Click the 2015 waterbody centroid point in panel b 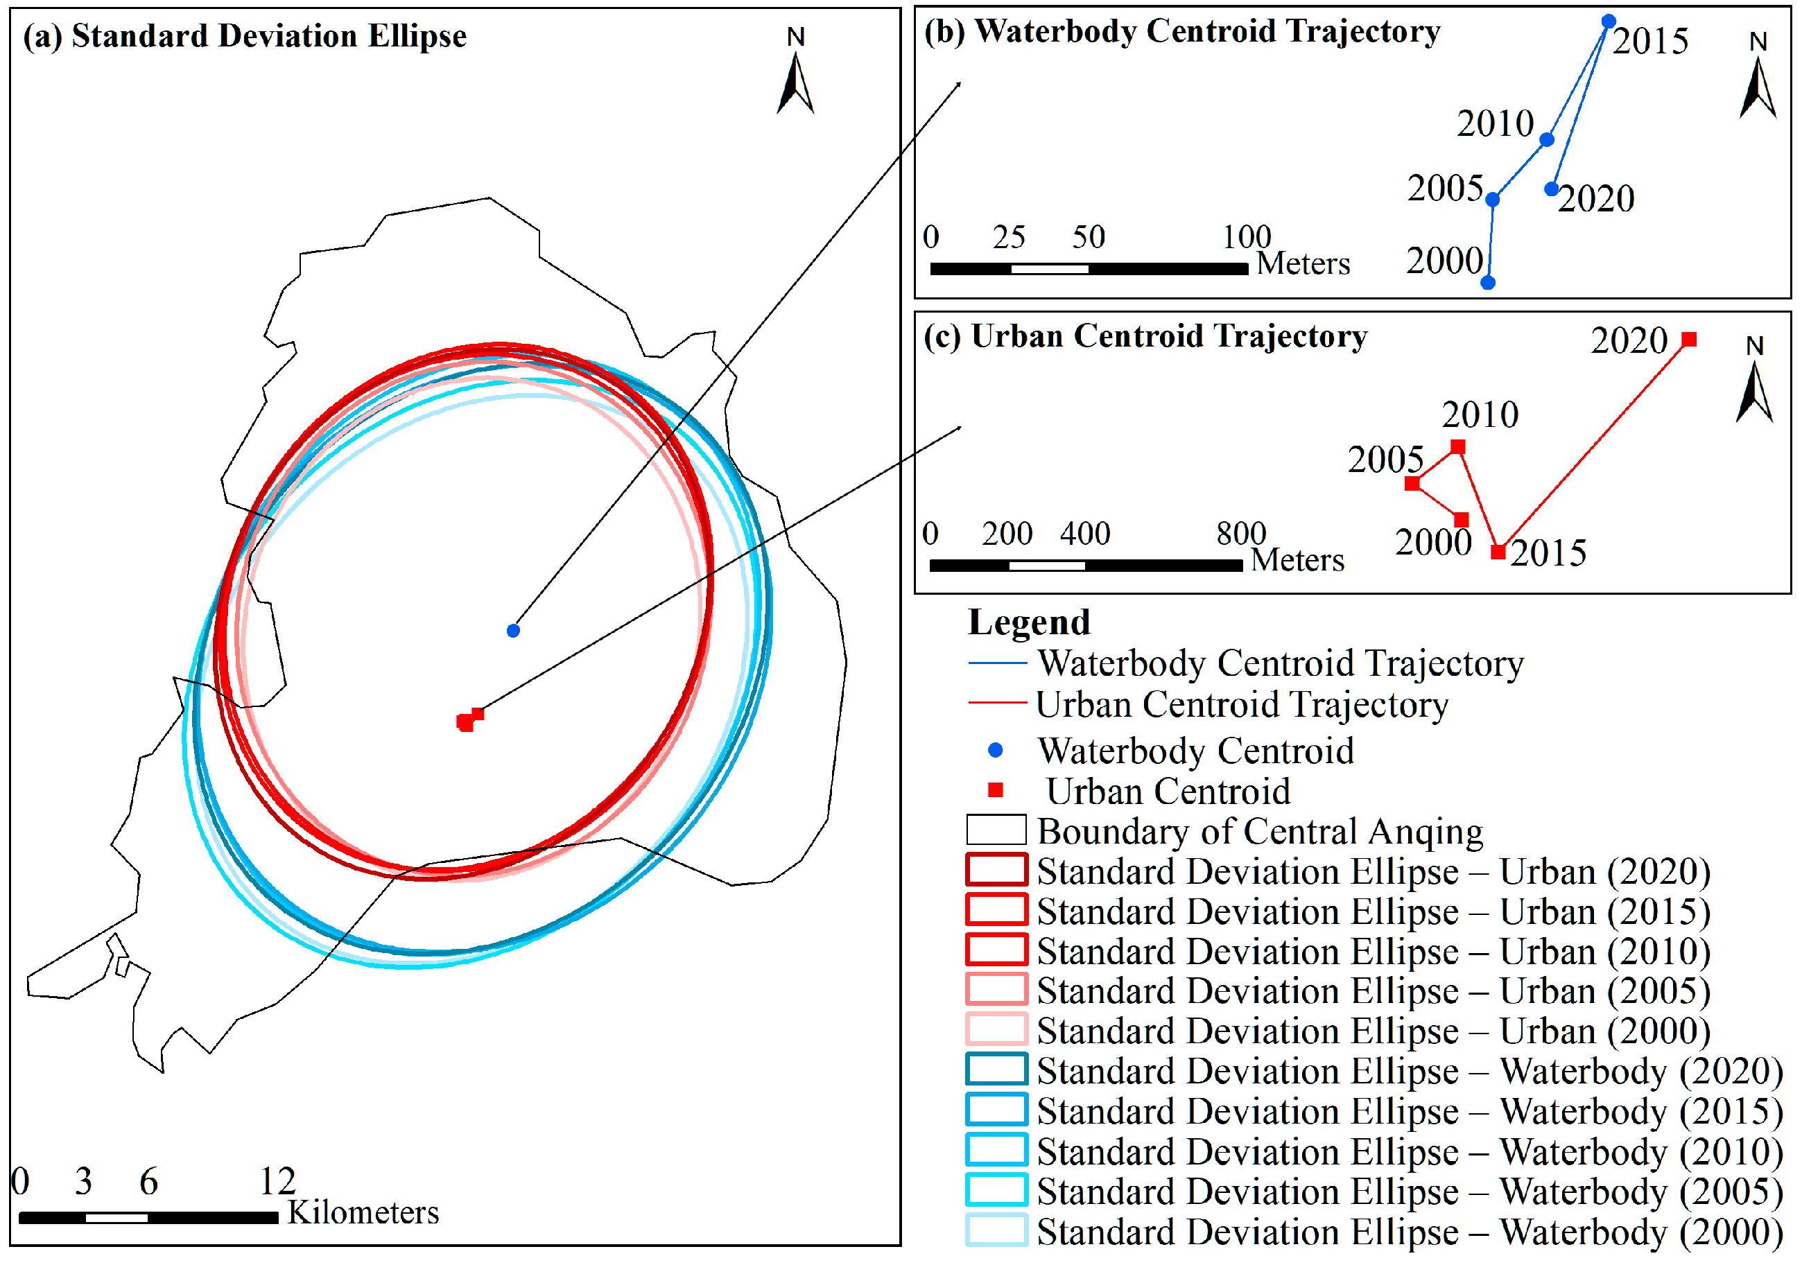click(x=1608, y=21)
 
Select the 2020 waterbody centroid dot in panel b click(x=1551, y=189)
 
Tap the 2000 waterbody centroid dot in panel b click(x=1487, y=283)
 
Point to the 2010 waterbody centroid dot click(x=1546, y=140)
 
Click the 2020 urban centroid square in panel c click(x=1689, y=339)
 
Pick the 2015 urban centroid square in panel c click(x=1498, y=552)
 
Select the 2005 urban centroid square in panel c click(x=1412, y=482)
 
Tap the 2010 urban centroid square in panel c click(x=1457, y=446)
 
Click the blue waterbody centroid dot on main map click(x=513, y=630)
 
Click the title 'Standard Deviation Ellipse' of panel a click(x=268, y=36)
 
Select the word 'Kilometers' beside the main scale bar click(x=363, y=1212)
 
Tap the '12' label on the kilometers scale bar click(x=277, y=1181)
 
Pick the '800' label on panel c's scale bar click(x=1241, y=534)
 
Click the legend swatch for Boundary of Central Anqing click(x=996, y=830)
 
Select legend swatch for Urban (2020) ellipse click(x=996, y=869)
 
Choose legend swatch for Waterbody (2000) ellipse click(x=996, y=1230)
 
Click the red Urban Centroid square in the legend click(x=995, y=789)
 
